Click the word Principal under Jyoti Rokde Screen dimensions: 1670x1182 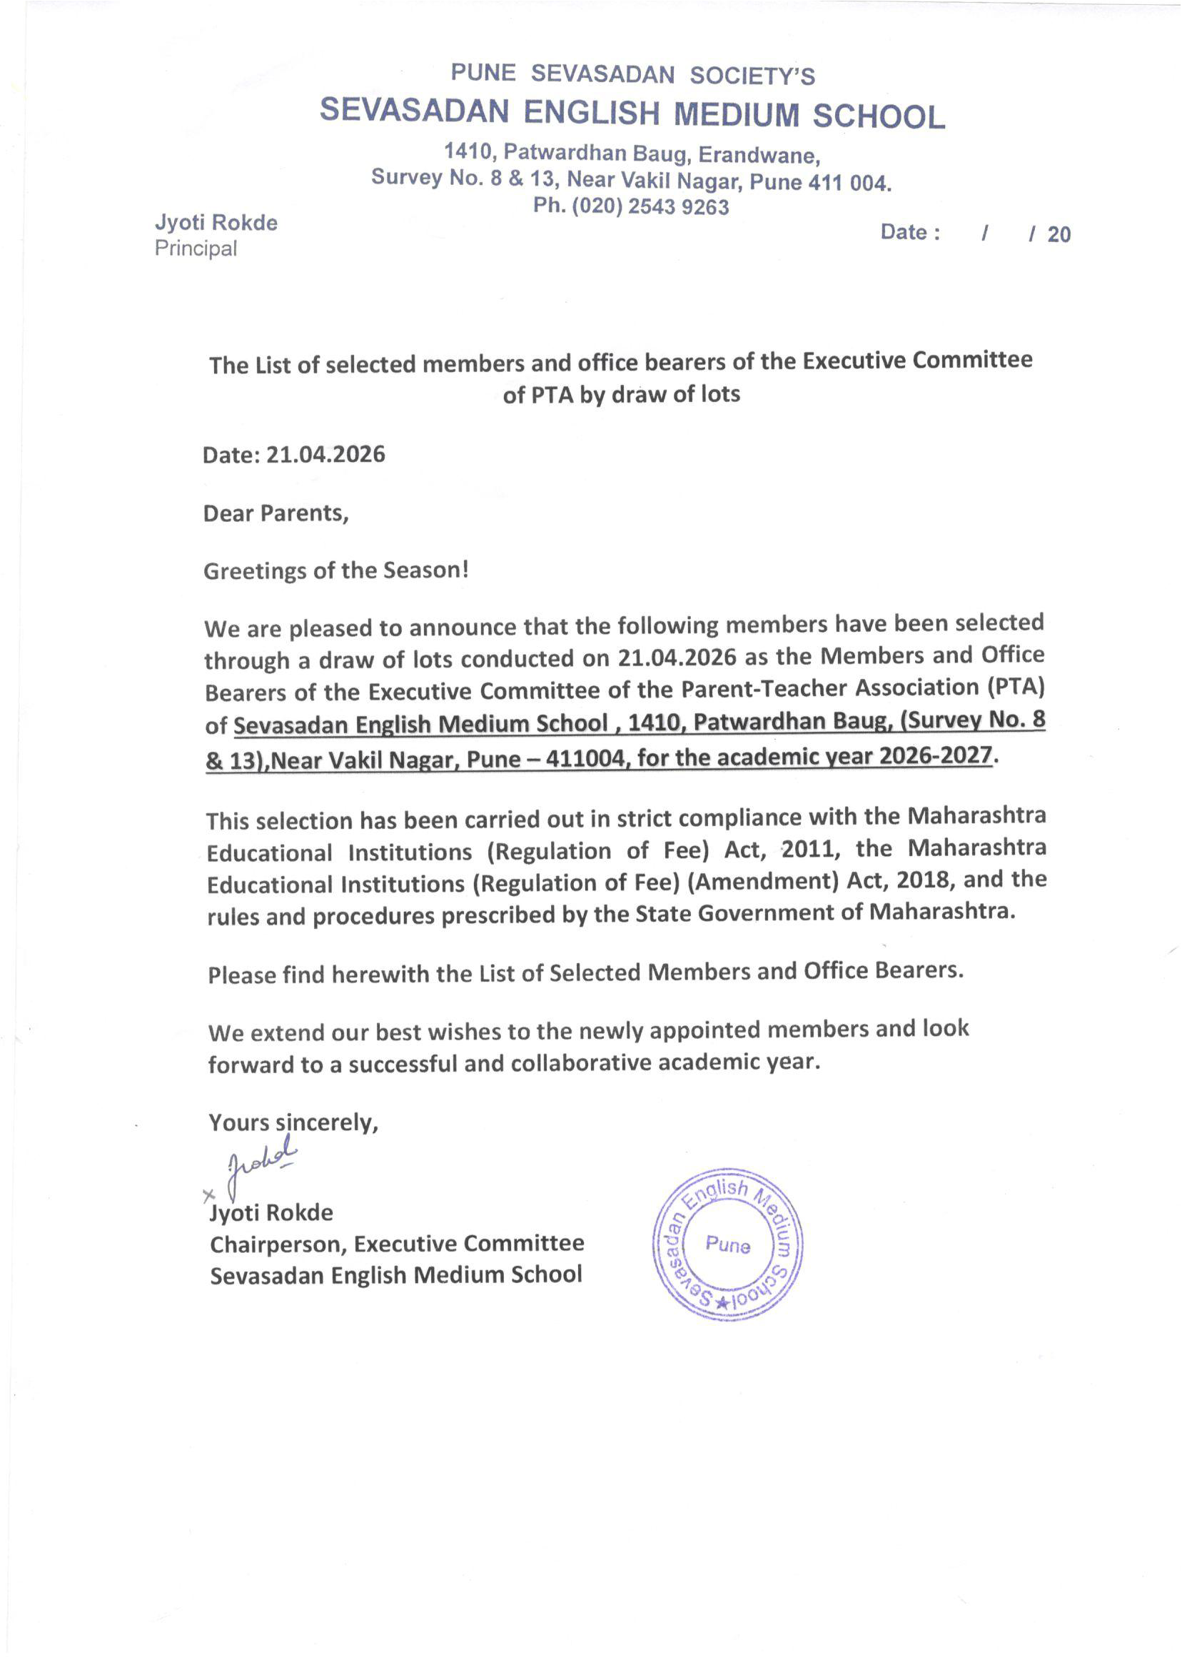click(x=196, y=248)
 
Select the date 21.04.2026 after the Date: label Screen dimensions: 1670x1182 click(x=325, y=454)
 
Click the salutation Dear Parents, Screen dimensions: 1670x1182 click(x=276, y=513)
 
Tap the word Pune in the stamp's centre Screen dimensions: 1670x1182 click(x=728, y=1244)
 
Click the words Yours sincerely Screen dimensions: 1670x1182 click(x=293, y=1122)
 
